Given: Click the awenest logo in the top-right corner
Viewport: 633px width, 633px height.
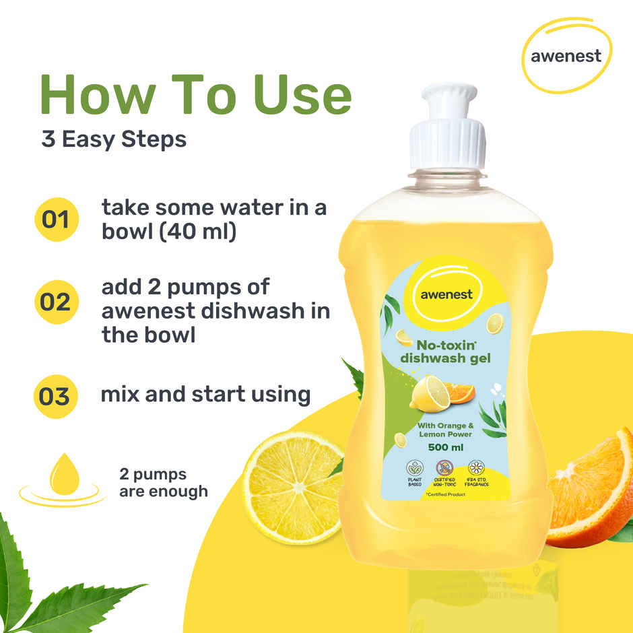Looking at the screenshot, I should point(565,56).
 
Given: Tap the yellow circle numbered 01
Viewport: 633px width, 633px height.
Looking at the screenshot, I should point(57,219).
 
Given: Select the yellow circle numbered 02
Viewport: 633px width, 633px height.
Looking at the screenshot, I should point(57,302).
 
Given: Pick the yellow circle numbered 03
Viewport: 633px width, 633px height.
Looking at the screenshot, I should point(57,395).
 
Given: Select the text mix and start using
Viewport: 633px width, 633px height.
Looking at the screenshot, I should point(205,394).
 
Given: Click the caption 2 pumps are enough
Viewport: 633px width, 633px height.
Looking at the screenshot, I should point(163,482).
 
